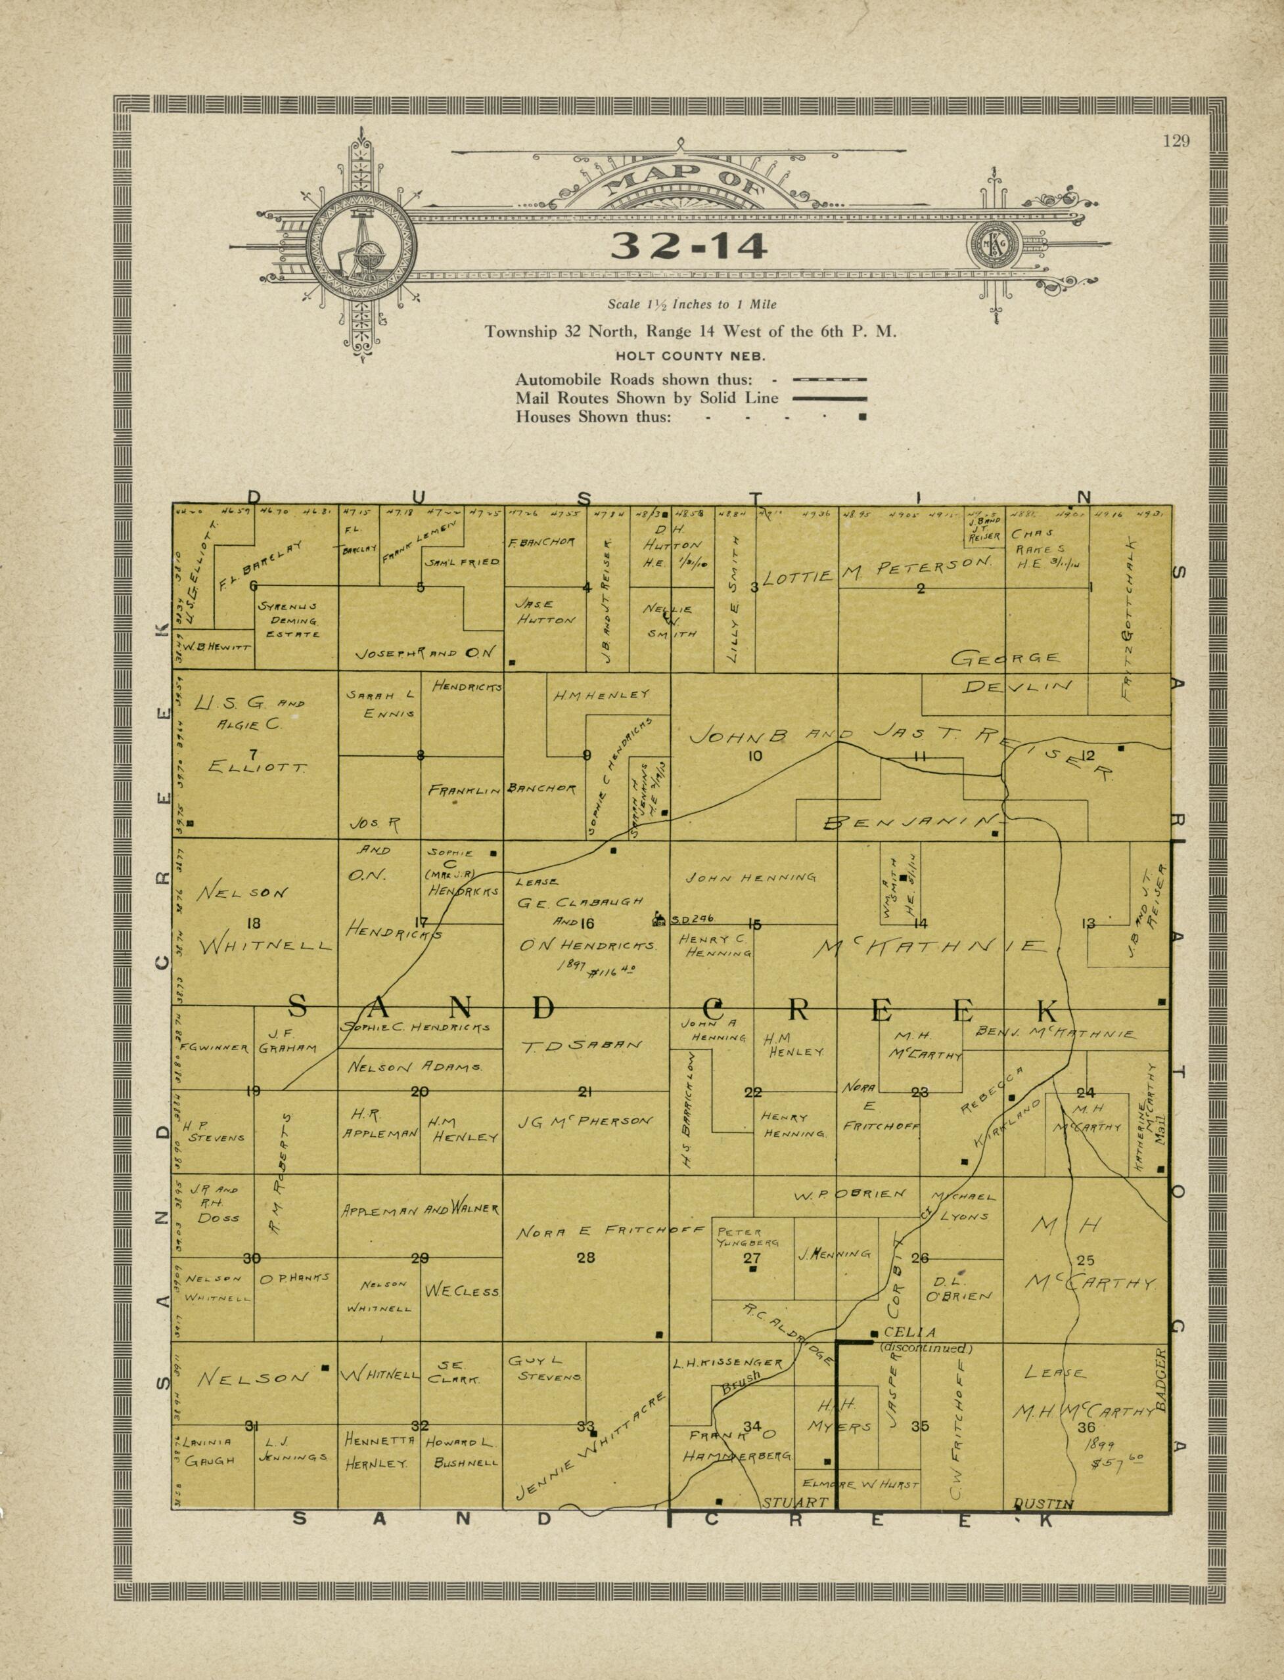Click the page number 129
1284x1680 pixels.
[1176, 141]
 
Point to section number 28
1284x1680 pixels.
[585, 1257]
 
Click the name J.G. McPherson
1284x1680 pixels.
[585, 1122]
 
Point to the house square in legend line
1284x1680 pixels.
[862, 418]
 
